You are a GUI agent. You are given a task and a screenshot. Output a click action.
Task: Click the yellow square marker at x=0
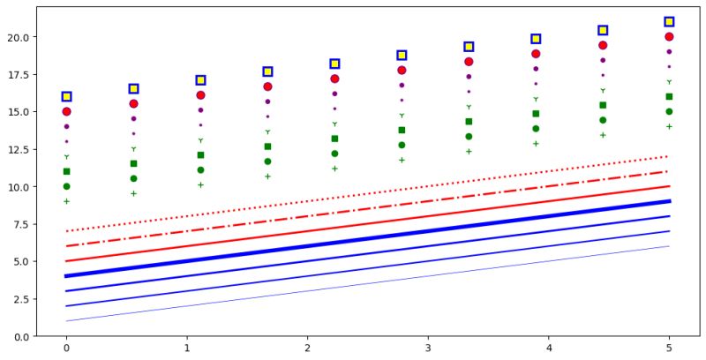click(x=66, y=96)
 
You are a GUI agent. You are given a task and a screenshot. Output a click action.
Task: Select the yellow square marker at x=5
click(x=669, y=21)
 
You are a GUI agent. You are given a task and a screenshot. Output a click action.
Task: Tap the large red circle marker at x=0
click(x=66, y=111)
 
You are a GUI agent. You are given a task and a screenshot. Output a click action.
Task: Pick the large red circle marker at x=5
click(x=669, y=36)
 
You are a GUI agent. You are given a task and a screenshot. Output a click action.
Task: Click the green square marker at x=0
click(x=66, y=171)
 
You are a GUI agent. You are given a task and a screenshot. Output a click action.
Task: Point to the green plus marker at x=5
click(x=669, y=126)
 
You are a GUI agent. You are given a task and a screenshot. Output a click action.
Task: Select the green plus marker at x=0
click(x=66, y=201)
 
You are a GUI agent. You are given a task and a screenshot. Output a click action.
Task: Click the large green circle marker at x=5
click(x=669, y=111)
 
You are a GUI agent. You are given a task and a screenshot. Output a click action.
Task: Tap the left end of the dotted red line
click(x=66, y=231)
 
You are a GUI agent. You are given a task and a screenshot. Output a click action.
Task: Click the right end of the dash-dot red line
click(x=669, y=171)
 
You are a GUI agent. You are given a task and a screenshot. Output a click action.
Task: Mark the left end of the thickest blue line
click(x=66, y=276)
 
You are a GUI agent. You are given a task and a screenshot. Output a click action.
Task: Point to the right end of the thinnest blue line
click(x=669, y=246)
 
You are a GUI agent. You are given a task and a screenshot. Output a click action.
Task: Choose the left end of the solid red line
click(x=66, y=261)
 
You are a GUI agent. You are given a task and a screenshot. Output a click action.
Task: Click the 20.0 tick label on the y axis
click(x=18, y=37)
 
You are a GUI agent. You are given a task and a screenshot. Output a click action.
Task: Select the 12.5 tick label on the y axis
click(x=18, y=149)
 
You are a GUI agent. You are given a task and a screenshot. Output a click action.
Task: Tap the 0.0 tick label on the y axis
click(x=20, y=336)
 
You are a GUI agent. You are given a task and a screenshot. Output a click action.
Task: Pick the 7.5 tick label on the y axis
click(x=20, y=224)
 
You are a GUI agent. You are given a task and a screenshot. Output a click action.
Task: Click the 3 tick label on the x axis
click(x=428, y=349)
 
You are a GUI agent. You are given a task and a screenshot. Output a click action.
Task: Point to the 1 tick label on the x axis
click(x=187, y=349)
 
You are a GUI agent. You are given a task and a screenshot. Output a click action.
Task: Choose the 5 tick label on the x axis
click(x=669, y=349)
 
